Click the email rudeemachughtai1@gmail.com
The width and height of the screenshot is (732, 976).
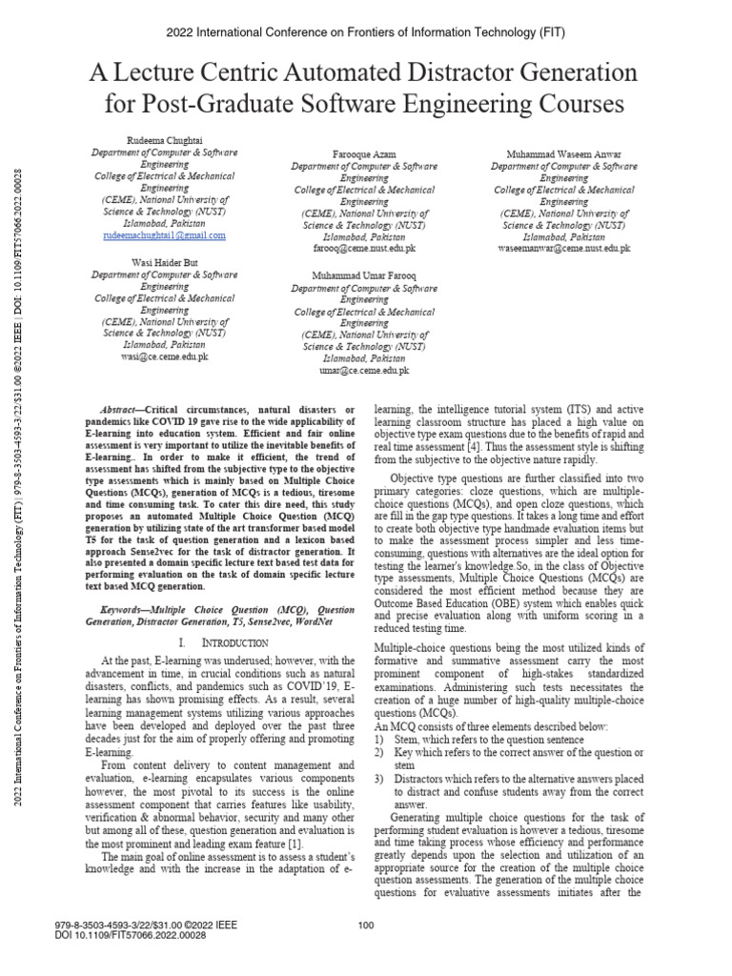tap(165, 234)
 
